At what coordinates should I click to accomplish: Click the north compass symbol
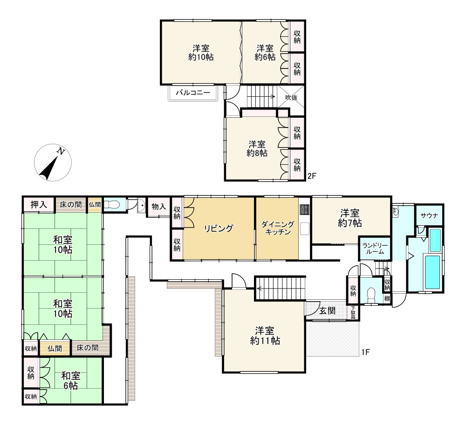coord(53,163)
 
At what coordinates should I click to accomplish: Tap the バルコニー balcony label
coord(193,93)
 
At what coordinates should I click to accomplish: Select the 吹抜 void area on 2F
coord(291,97)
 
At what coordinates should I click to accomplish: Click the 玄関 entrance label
coord(328,310)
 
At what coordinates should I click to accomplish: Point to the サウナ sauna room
coord(430,215)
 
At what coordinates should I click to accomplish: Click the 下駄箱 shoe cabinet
coord(353,313)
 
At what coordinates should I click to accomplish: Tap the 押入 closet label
coord(39,205)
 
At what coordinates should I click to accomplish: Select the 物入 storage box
coord(159,207)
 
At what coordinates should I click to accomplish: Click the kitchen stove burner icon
coord(305,209)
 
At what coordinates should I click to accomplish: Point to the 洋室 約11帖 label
coord(265,336)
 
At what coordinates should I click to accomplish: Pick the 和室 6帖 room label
coord(71,380)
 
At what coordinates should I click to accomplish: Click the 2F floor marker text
coord(312,176)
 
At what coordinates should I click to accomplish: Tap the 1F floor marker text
coord(365,352)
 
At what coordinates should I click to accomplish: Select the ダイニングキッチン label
coord(278,228)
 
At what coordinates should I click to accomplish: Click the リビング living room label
coord(219,229)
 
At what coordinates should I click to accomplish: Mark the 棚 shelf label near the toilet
coord(387,299)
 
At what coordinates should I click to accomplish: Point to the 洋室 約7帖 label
coord(350,218)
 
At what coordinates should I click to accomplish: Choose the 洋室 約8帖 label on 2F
coord(257,148)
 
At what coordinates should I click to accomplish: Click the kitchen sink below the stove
coord(305,229)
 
